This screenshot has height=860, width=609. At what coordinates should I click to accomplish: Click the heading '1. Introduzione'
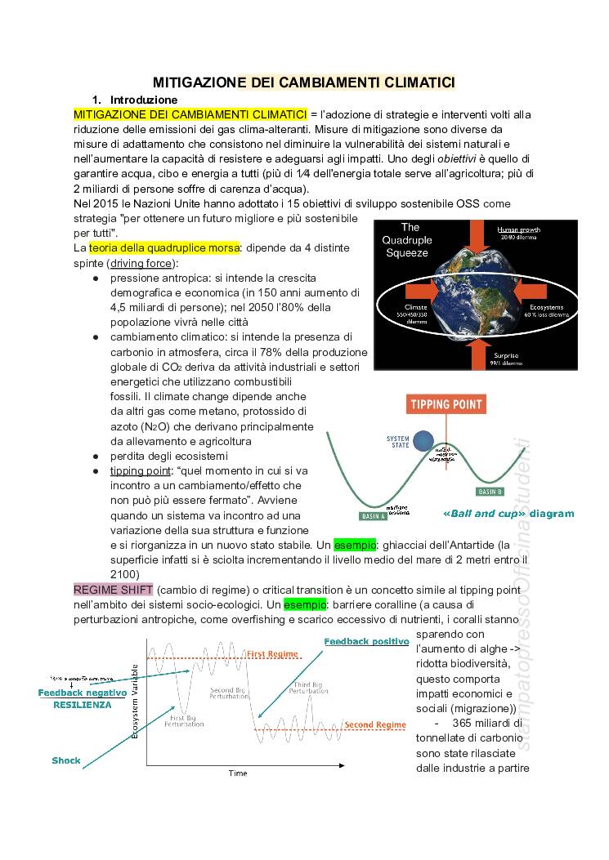(137, 100)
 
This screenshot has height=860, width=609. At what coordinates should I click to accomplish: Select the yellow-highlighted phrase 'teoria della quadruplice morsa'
(164, 247)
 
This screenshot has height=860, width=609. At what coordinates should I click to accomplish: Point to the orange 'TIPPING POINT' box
(446, 404)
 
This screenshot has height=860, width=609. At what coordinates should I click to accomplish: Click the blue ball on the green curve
(423, 441)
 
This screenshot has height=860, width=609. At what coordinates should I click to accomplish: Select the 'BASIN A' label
(374, 516)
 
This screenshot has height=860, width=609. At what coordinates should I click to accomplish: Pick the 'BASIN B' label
(490, 492)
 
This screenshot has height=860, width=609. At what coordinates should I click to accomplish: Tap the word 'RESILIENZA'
(83, 705)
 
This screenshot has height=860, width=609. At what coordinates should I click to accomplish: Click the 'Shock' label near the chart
(66, 760)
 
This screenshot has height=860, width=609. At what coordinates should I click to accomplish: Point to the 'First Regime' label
(273, 654)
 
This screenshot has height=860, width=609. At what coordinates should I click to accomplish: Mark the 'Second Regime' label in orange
(374, 724)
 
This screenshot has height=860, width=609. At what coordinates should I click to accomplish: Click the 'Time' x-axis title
(237, 773)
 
